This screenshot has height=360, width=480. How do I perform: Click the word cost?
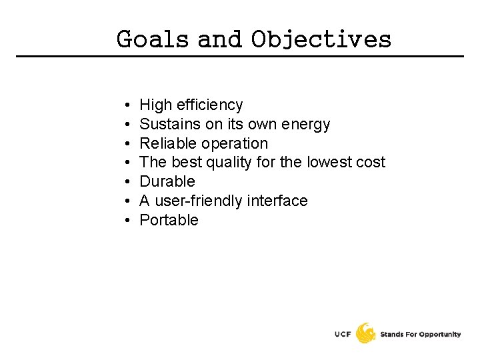point(371,162)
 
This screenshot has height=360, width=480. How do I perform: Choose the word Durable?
point(167,181)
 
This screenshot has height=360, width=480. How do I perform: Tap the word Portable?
point(169,220)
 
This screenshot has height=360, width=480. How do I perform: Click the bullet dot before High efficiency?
point(126,105)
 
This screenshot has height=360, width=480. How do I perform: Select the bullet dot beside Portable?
point(126,220)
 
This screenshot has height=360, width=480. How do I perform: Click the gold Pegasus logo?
point(365,333)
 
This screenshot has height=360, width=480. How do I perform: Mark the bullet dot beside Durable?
point(126,182)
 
